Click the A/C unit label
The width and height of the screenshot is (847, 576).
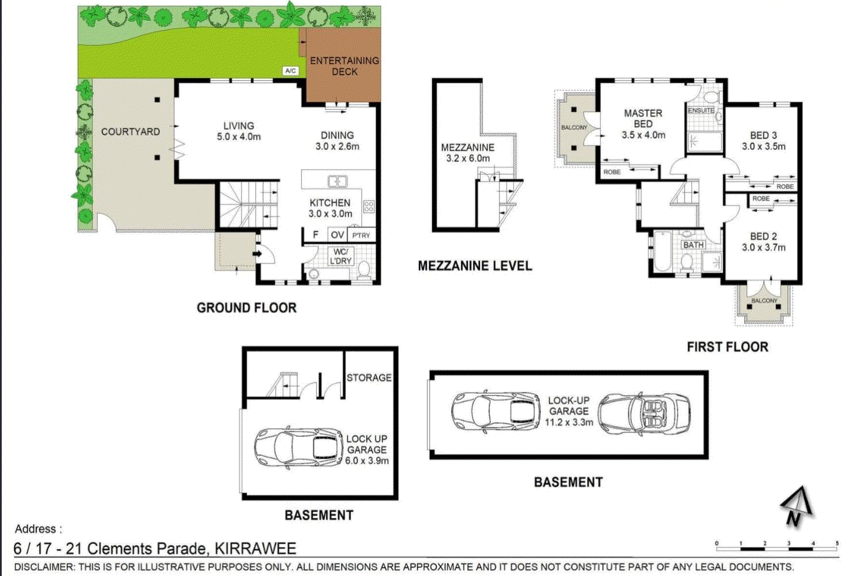[x=290, y=71]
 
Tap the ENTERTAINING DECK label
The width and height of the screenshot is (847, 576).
[x=344, y=66]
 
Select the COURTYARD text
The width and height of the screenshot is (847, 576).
[x=131, y=132]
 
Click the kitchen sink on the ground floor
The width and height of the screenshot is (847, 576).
[x=338, y=182]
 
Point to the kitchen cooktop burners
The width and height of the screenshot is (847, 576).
[x=369, y=206]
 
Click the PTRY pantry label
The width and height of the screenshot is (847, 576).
[x=361, y=236]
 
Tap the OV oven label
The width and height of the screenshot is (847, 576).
[x=338, y=235]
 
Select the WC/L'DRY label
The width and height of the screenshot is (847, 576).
[x=340, y=256]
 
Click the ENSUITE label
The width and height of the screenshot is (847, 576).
[x=701, y=110]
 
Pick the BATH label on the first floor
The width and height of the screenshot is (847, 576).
[x=693, y=245]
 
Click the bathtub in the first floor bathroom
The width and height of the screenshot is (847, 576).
[x=662, y=251]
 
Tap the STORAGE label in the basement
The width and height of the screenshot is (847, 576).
[x=369, y=378]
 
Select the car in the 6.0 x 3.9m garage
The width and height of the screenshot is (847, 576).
[x=298, y=447]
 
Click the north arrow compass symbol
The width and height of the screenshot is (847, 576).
[x=797, y=506]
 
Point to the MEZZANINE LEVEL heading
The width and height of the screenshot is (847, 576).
[x=475, y=266]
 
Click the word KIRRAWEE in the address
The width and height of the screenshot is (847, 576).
[x=256, y=548]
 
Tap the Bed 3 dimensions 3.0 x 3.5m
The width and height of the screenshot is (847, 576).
[x=764, y=146]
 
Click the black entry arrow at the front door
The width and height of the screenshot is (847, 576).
[x=258, y=254]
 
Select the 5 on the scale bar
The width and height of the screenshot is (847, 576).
[x=837, y=543]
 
